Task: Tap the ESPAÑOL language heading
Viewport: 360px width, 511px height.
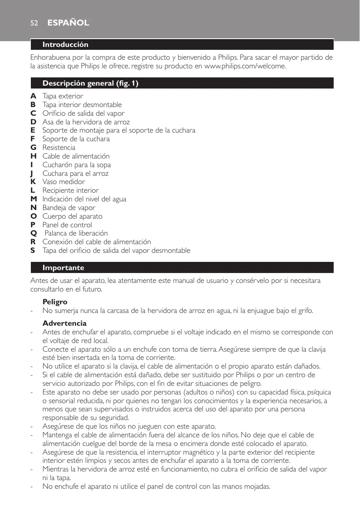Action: pyautogui.click(x=68, y=23)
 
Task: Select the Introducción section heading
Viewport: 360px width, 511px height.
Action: pyautogui.click(x=65, y=44)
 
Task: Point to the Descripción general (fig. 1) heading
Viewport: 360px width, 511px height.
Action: pyautogui.click(x=91, y=84)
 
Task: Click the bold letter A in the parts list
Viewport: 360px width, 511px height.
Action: pyautogui.click(x=33, y=96)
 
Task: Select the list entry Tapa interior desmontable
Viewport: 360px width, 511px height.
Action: pyautogui.click(x=82, y=105)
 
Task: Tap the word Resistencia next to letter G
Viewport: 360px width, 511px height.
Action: pyautogui.click(x=59, y=147)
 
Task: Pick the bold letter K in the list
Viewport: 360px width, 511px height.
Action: pyautogui.click(x=33, y=182)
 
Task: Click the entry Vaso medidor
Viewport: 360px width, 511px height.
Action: pyautogui.click(x=64, y=182)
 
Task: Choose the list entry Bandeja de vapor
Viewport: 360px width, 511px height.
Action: pyautogui.click(x=69, y=208)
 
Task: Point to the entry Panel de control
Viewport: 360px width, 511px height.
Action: pyautogui.click(x=67, y=225)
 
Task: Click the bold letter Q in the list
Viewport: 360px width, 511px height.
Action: pyautogui.click(x=33, y=233)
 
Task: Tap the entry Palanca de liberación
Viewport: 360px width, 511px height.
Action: pyautogui.click(x=76, y=233)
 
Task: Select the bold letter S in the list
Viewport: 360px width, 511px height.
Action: pyautogui.click(x=33, y=250)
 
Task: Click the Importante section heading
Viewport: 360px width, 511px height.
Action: pyautogui.click(x=63, y=268)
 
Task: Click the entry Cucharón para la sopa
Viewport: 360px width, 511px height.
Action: pyautogui.click(x=77, y=165)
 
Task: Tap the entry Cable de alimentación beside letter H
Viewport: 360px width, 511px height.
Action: pyautogui.click(x=76, y=156)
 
